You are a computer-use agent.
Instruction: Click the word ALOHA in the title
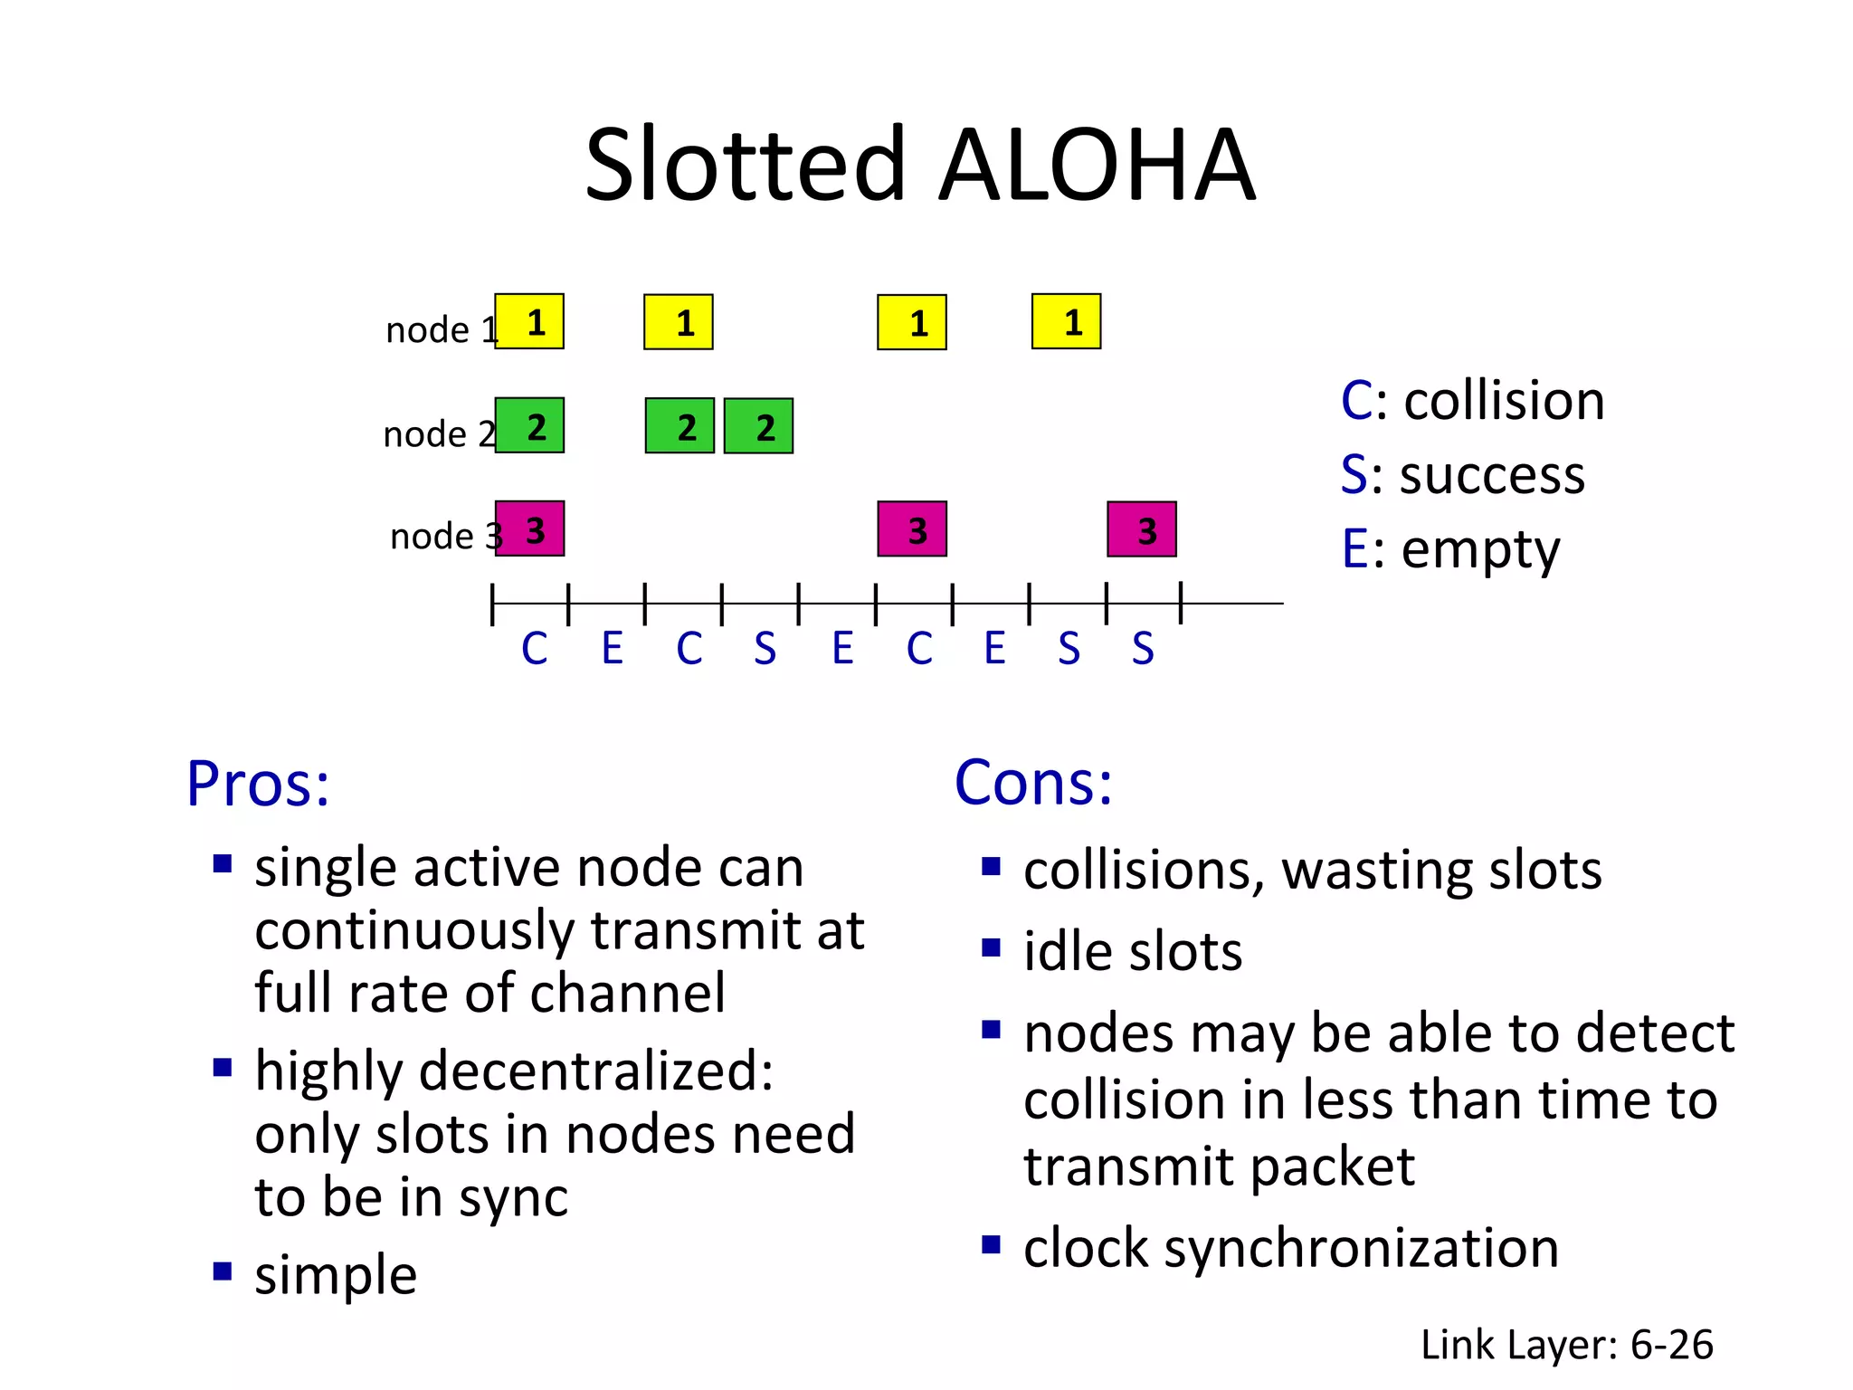(1097, 166)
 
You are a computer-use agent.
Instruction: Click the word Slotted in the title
(745, 166)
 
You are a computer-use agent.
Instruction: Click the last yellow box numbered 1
(1066, 322)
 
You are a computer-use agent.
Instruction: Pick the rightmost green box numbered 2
(758, 426)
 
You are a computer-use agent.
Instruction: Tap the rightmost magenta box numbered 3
(1142, 529)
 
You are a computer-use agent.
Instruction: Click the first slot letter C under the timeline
(534, 649)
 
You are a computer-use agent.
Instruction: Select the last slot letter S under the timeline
(1143, 649)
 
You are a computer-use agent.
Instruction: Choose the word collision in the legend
(1504, 401)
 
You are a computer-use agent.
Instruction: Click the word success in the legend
(1492, 475)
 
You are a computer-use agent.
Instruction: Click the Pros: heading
(258, 784)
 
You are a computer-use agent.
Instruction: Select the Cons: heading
(1033, 783)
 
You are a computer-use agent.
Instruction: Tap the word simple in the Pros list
(336, 1275)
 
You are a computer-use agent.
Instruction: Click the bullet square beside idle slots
(991, 948)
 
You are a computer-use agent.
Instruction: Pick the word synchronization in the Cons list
(1361, 1249)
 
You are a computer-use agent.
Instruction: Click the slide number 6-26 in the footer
(1671, 1345)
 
